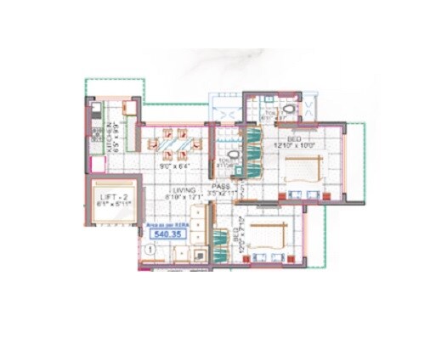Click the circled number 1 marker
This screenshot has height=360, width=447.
tap(150, 249)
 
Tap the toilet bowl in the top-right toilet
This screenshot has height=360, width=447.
tap(290, 110)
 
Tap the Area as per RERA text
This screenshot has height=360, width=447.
tap(164, 223)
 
